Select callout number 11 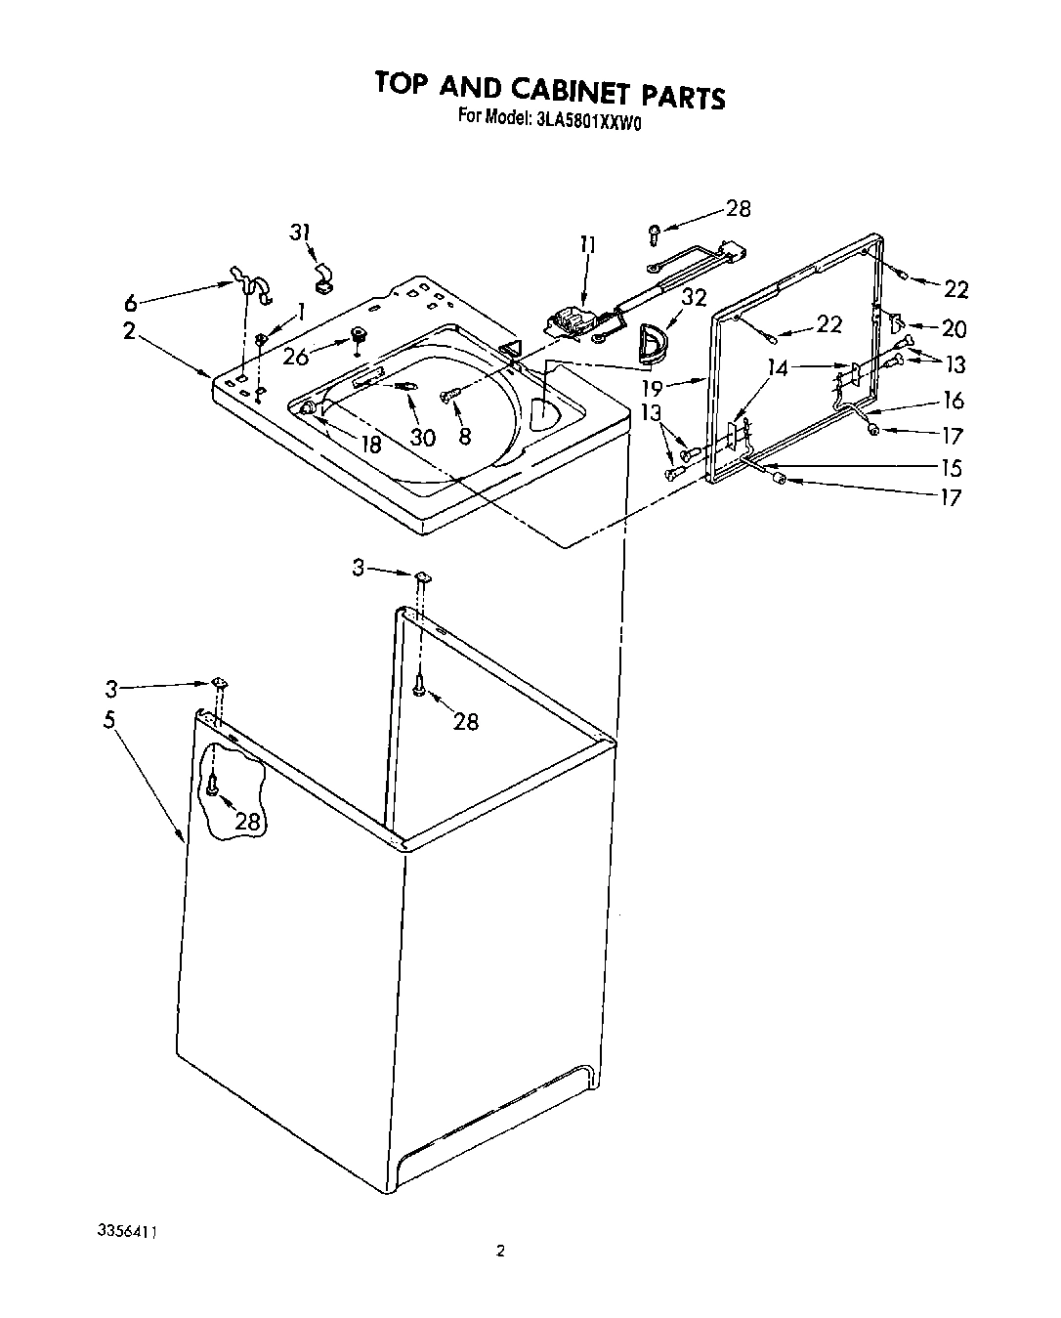click(x=587, y=245)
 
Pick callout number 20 click(x=954, y=329)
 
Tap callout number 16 click(x=954, y=400)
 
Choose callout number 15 click(x=951, y=467)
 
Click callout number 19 click(x=679, y=388)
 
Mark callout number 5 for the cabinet click(x=109, y=720)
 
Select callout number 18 click(x=370, y=445)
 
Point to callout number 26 click(x=297, y=357)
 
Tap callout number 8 click(x=465, y=436)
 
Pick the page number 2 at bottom click(x=500, y=1250)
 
